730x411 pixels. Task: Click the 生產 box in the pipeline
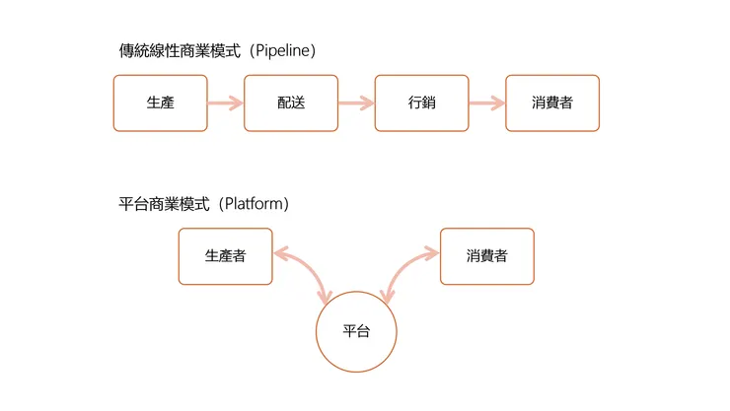(161, 103)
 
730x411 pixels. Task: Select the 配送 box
(291, 103)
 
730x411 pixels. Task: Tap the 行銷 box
(421, 103)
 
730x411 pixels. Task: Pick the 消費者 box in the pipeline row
(552, 103)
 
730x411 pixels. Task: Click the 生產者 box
(225, 256)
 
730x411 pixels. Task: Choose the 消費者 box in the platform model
(486, 256)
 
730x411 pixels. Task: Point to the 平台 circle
(356, 331)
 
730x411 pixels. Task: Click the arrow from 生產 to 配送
(226, 103)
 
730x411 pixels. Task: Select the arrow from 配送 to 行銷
(356, 103)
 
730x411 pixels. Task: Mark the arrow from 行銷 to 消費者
(486, 103)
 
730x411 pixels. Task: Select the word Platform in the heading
(255, 204)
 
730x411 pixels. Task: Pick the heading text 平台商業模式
(159, 204)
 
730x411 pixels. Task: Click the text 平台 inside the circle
(356, 331)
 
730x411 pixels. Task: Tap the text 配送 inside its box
(291, 103)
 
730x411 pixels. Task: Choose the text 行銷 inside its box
(421, 103)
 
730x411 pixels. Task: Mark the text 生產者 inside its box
(225, 256)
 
